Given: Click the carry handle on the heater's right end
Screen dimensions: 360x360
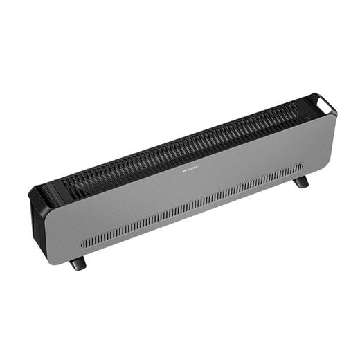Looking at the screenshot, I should (325, 102).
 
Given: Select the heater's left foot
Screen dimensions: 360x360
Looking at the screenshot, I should (78, 263).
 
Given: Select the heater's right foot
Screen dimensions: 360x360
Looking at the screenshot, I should (300, 182).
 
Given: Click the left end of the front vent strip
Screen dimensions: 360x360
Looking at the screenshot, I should (83, 243).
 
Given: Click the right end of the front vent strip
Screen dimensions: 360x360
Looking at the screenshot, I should (302, 165).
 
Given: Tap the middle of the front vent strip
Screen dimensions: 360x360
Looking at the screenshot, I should (192, 204).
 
